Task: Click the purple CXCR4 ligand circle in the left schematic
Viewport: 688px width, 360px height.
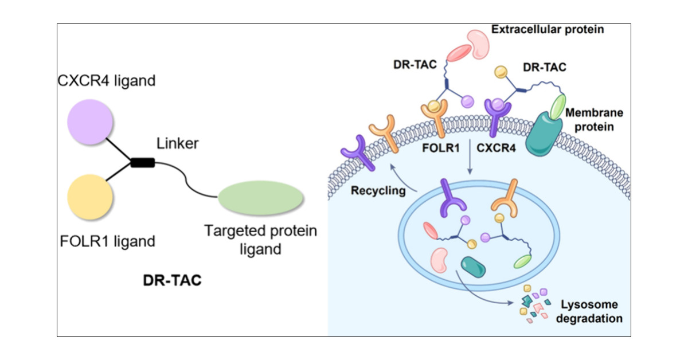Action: pyautogui.click(x=90, y=123)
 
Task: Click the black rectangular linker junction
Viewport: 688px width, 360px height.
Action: pyautogui.click(x=143, y=163)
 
